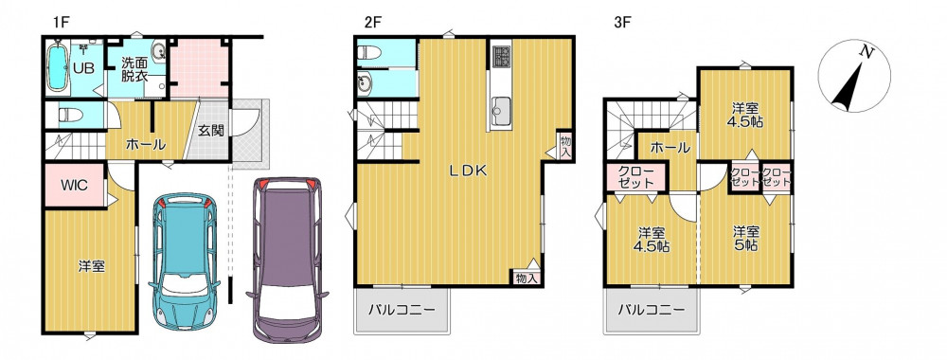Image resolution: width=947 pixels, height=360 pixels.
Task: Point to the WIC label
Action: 74,185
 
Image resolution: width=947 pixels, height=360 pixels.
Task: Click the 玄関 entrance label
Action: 212,131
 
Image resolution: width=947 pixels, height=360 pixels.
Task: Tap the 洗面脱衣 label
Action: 134,68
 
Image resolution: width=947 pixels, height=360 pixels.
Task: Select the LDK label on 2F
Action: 467,171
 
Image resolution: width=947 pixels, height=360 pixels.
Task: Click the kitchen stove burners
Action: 501,56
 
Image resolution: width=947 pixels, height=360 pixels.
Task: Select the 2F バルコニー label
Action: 402,311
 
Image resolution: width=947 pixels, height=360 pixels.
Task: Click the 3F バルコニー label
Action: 652,311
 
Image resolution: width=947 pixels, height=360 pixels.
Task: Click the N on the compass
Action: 867,52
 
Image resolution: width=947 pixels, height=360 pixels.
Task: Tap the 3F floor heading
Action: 622,23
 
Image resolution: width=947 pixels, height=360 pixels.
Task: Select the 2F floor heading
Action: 372,23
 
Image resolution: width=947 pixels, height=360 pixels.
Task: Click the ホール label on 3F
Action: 670,148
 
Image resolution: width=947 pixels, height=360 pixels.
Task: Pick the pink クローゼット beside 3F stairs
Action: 635,176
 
